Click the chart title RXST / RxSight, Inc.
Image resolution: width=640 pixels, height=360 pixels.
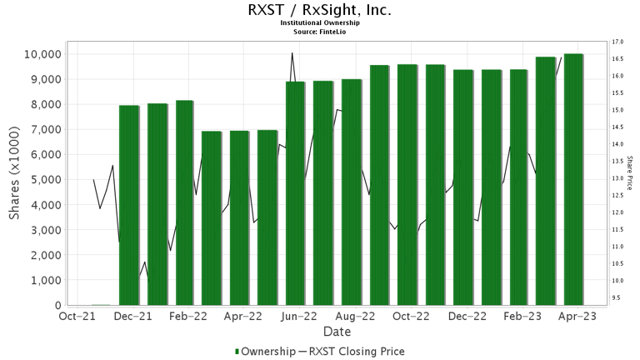point(319,11)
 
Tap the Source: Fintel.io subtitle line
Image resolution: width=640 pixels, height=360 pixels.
point(319,31)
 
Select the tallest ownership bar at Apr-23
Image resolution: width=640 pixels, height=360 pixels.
point(573,179)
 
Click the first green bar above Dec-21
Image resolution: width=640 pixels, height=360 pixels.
point(129,205)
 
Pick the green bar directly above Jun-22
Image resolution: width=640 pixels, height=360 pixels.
point(295,193)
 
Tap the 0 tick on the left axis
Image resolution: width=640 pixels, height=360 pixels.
point(57,306)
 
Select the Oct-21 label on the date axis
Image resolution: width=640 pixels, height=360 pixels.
point(77,317)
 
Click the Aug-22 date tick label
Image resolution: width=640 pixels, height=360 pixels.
point(357,317)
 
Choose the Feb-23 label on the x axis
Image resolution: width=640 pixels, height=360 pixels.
point(524,317)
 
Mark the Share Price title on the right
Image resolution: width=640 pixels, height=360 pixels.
point(631,173)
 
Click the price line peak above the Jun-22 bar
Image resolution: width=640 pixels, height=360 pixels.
point(291,54)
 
